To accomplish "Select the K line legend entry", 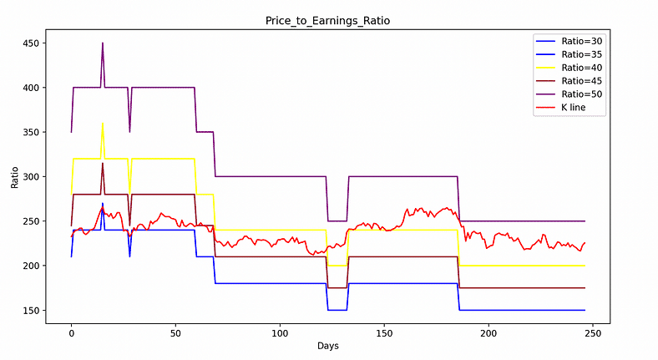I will [x=567, y=108].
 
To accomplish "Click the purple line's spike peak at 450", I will [x=103, y=43].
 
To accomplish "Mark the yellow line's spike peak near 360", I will [x=103, y=124].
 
